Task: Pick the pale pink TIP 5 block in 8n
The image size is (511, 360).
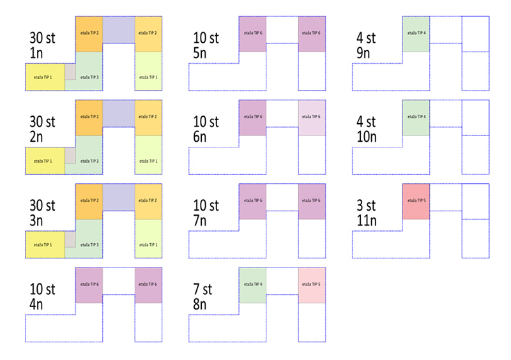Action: pos(312,284)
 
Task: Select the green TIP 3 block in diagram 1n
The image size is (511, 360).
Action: pos(89,77)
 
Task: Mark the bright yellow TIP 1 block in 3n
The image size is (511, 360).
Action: pos(45,244)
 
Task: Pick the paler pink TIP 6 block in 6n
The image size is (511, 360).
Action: pos(312,117)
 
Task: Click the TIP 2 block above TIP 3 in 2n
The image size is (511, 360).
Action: pos(89,117)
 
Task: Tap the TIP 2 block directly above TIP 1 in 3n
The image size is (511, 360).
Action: pos(148,201)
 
